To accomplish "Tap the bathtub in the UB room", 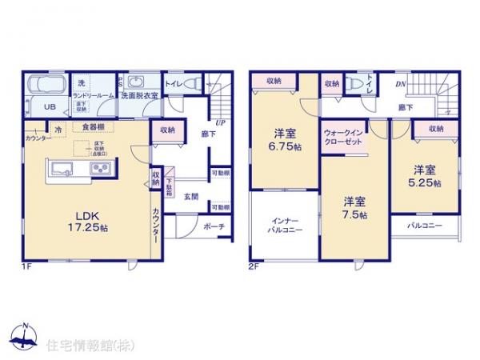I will click(46, 86).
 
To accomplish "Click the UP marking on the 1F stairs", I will click(219, 123).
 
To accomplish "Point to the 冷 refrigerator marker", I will click(58, 127).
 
